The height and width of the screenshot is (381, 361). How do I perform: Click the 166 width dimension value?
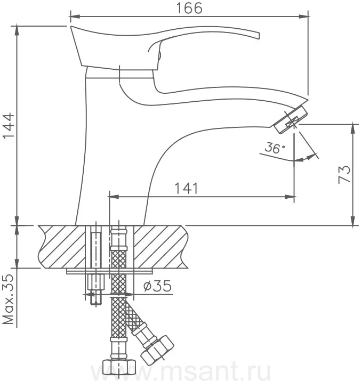point(189,9)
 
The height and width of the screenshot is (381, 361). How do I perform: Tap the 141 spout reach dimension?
point(187,188)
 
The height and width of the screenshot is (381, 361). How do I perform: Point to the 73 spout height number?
point(344,175)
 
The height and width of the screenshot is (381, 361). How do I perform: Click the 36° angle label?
point(275,148)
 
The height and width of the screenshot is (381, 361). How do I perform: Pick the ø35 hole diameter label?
point(157,286)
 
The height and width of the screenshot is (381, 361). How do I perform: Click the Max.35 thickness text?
point(9,299)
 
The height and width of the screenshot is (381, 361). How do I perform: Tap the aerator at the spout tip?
point(291,119)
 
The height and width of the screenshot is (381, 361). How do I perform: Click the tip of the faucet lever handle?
point(259,36)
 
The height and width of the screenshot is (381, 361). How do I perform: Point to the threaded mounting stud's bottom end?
point(96,304)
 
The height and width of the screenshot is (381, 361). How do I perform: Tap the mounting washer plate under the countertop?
point(109,271)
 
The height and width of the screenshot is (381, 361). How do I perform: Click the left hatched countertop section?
point(62,247)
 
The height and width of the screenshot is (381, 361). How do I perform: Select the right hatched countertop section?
point(161,247)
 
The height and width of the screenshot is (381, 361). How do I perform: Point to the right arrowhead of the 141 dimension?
point(292,197)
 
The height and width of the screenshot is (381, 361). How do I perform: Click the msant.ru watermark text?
point(180,371)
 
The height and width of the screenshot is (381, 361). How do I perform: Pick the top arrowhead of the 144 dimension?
point(17,30)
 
